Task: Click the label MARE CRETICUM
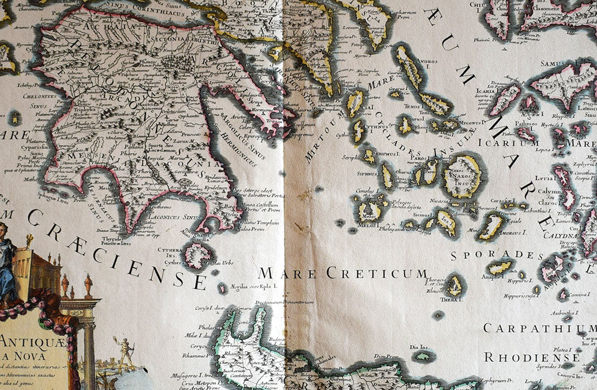[x=343, y=274]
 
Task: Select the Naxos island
[x=462, y=175]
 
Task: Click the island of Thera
[x=456, y=286]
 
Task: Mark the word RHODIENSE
[x=532, y=357]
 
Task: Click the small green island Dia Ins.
[x=423, y=356]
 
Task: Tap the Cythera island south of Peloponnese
[x=198, y=255]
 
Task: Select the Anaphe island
[x=500, y=267]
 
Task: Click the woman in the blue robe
[x=7, y=262]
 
